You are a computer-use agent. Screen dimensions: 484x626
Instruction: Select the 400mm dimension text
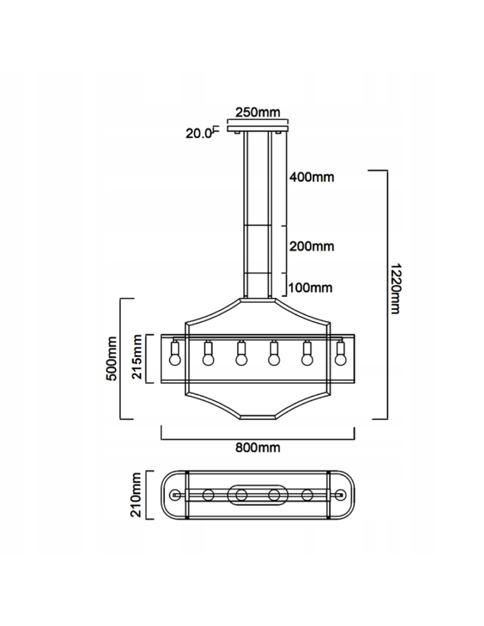[312, 177]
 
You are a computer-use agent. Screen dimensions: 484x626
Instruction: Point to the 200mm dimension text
[312, 247]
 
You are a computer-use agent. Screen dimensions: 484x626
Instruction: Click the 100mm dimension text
[310, 287]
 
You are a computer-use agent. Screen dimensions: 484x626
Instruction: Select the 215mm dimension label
[136, 357]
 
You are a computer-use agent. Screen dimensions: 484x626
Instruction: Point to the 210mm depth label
[136, 495]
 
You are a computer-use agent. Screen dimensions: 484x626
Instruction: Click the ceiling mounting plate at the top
[258, 129]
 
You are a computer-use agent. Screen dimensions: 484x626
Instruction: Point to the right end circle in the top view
[340, 495]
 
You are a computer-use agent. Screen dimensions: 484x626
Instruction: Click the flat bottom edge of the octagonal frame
[258, 418]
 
